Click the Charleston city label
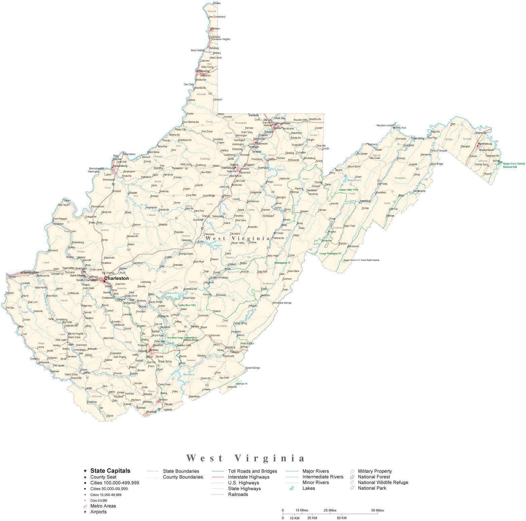point(116,279)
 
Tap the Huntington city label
point(31,272)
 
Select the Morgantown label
point(283,123)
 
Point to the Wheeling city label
point(204,71)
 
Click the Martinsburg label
point(485,144)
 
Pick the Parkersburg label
point(120,166)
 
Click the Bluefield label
point(151,412)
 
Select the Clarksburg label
point(228,168)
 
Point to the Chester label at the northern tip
point(217,3)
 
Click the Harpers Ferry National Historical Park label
point(514,165)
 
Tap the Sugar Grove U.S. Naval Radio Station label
point(361,260)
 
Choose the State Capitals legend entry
point(110,471)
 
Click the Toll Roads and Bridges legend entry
point(252,471)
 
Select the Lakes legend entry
point(308,488)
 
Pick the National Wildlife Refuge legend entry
point(383,482)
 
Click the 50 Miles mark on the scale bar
point(377,510)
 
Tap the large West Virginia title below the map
point(246,458)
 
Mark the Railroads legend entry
point(238,494)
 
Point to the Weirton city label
point(215,29)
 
